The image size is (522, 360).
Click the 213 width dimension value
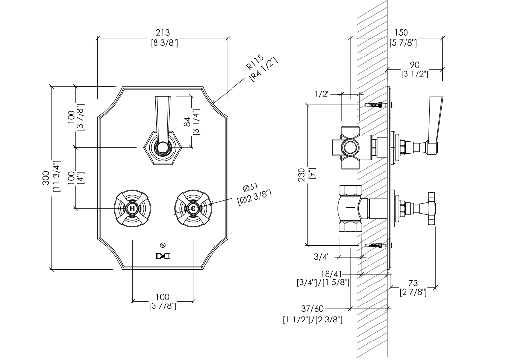pos(163,32)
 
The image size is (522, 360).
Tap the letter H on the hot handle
pos(132,208)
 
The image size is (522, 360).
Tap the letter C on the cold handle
pos(193,208)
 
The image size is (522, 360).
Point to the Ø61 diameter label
pos(251,188)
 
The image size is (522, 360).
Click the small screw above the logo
pos(163,245)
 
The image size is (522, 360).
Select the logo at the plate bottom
pos(163,256)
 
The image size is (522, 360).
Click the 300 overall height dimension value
pos(46,178)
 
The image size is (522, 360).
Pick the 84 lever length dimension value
pos(187,122)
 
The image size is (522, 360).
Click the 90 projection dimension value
pos(414,65)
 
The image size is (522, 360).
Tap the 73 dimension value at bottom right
pos(413,283)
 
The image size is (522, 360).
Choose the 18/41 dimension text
pos(331,274)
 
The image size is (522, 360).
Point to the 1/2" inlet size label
pos(322,94)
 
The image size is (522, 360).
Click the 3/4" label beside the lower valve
pos(322,257)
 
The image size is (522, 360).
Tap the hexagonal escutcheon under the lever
pos(163,147)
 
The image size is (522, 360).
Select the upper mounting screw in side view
pos(376,104)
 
